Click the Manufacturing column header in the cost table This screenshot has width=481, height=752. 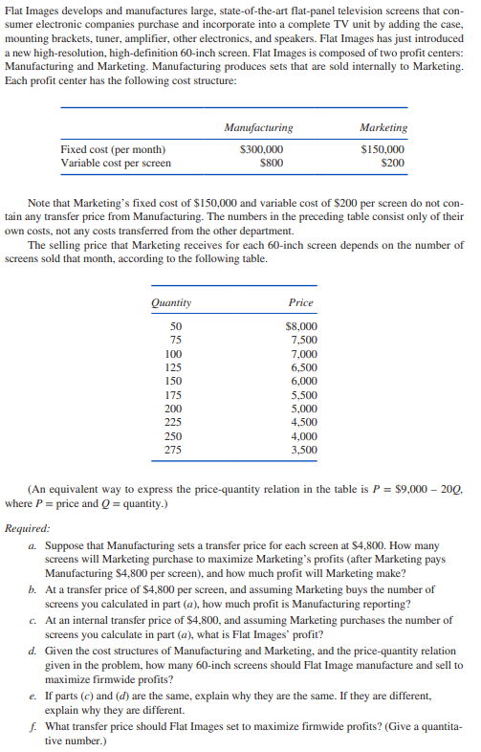tap(258, 127)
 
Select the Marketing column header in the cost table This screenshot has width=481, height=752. tap(383, 127)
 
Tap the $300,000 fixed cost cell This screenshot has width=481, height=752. tap(260, 149)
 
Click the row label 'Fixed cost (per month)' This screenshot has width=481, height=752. tap(113, 149)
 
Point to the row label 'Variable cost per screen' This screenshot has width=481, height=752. tap(117, 163)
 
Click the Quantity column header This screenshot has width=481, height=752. tap(171, 302)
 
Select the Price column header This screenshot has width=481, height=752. tap(300, 302)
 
